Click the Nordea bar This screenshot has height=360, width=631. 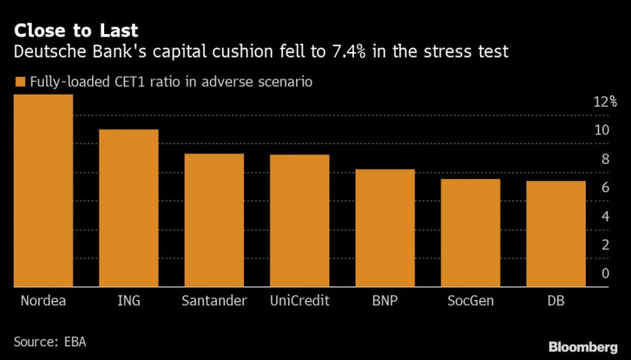click(43, 191)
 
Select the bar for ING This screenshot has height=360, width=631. click(129, 208)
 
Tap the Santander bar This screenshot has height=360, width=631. click(214, 220)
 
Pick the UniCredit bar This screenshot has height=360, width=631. click(299, 221)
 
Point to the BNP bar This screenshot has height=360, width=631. click(385, 228)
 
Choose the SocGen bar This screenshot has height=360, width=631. click(471, 233)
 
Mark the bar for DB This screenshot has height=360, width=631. click(556, 234)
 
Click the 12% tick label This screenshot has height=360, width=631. click(605, 102)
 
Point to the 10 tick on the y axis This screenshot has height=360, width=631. click(602, 130)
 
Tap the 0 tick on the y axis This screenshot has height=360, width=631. click(605, 273)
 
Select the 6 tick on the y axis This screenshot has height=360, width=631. click(605, 188)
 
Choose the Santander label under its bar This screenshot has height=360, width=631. click(215, 300)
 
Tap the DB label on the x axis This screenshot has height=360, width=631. click(555, 300)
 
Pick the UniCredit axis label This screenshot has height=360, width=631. click(300, 300)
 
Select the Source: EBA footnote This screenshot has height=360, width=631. click(49, 341)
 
